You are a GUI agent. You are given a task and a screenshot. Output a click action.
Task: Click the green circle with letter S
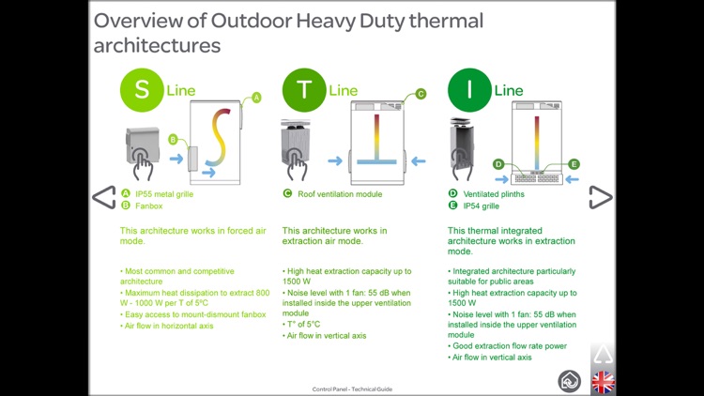click(142, 90)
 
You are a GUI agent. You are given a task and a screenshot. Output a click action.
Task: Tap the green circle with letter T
click(304, 90)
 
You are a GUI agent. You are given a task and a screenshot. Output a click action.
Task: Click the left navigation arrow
click(103, 197)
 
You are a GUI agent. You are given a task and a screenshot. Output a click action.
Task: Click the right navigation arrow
click(600, 197)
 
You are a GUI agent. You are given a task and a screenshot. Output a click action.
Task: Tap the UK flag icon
click(603, 382)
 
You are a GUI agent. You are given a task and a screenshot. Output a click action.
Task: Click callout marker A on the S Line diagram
click(256, 98)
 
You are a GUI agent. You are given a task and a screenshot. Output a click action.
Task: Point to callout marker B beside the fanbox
click(173, 140)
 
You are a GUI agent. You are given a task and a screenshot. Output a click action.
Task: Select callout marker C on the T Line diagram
click(420, 94)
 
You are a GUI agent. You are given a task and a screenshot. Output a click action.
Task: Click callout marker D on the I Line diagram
click(498, 164)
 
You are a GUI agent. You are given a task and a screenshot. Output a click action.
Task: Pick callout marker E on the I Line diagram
click(574, 164)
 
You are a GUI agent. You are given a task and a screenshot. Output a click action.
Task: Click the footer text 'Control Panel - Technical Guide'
click(352, 388)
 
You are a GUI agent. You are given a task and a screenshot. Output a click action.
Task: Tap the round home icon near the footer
click(569, 381)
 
